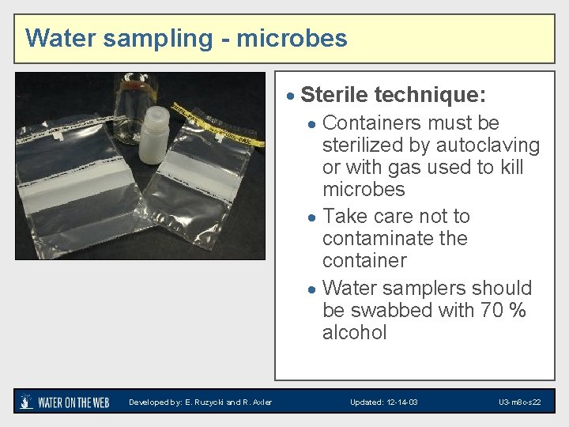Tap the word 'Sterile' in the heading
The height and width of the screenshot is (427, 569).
(x=334, y=96)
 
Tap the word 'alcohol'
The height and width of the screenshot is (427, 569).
(x=354, y=332)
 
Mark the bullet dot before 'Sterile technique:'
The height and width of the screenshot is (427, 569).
(x=291, y=96)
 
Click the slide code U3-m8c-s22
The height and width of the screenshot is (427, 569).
(x=519, y=402)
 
